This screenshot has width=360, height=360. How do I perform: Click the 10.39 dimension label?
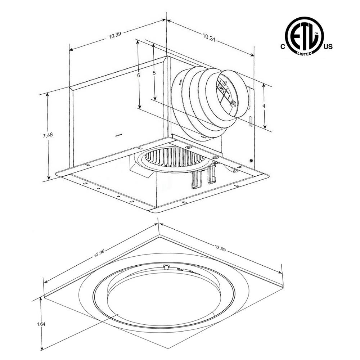tap(114, 35)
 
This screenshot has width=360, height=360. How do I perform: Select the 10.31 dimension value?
tap(209, 37)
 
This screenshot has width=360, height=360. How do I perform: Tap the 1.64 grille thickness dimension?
tap(41, 324)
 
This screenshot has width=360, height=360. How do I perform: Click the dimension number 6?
tap(138, 75)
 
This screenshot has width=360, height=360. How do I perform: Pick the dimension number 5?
tap(154, 73)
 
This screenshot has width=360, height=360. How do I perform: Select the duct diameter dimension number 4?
tap(264, 106)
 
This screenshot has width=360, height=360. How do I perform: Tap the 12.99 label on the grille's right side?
tap(220, 248)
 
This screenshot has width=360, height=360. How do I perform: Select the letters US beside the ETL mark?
tap(328, 47)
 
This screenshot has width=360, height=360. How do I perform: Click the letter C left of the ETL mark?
tap(283, 47)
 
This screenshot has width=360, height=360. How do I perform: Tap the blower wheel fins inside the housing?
tap(173, 158)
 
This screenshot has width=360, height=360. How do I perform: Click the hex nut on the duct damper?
tap(233, 104)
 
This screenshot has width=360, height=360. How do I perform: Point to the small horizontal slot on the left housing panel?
tap(118, 135)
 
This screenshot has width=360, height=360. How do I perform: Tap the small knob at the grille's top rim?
tap(166, 267)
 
